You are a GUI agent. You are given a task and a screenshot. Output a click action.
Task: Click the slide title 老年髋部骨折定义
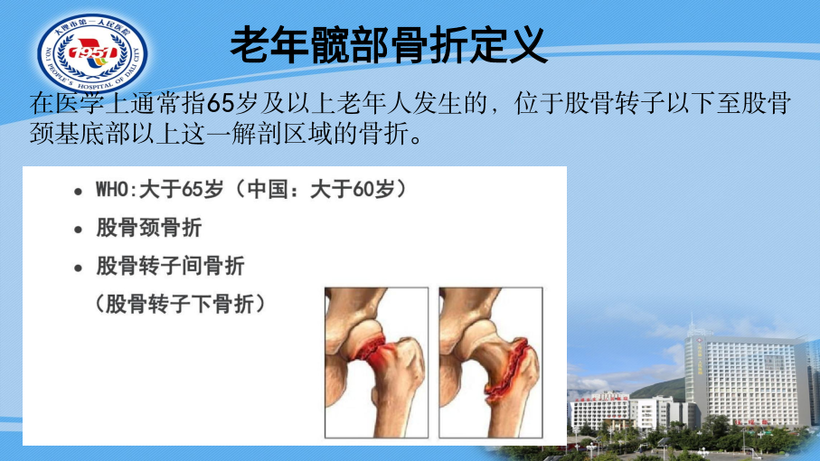pos(389,45)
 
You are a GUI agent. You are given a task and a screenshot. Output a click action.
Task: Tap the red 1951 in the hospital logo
pos(92,52)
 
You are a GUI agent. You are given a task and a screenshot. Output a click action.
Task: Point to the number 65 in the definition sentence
pos(221,103)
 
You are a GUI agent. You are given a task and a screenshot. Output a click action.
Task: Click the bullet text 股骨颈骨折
pos(149,228)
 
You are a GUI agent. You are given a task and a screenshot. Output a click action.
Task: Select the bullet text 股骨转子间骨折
pos(171,266)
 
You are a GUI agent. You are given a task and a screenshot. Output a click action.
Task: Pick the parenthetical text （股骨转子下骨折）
pos(181,304)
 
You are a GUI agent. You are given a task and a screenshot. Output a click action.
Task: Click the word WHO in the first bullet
pos(112,189)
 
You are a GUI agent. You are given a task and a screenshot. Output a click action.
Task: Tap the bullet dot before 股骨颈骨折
pos(79,230)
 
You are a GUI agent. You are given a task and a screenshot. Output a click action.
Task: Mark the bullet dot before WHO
pos(79,192)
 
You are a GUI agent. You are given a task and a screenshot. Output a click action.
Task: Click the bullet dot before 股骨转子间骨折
pos(79,268)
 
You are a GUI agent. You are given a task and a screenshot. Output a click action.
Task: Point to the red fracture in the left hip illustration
pos(372,352)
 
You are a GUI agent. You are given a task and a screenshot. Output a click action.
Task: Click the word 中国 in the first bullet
pos(268,189)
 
